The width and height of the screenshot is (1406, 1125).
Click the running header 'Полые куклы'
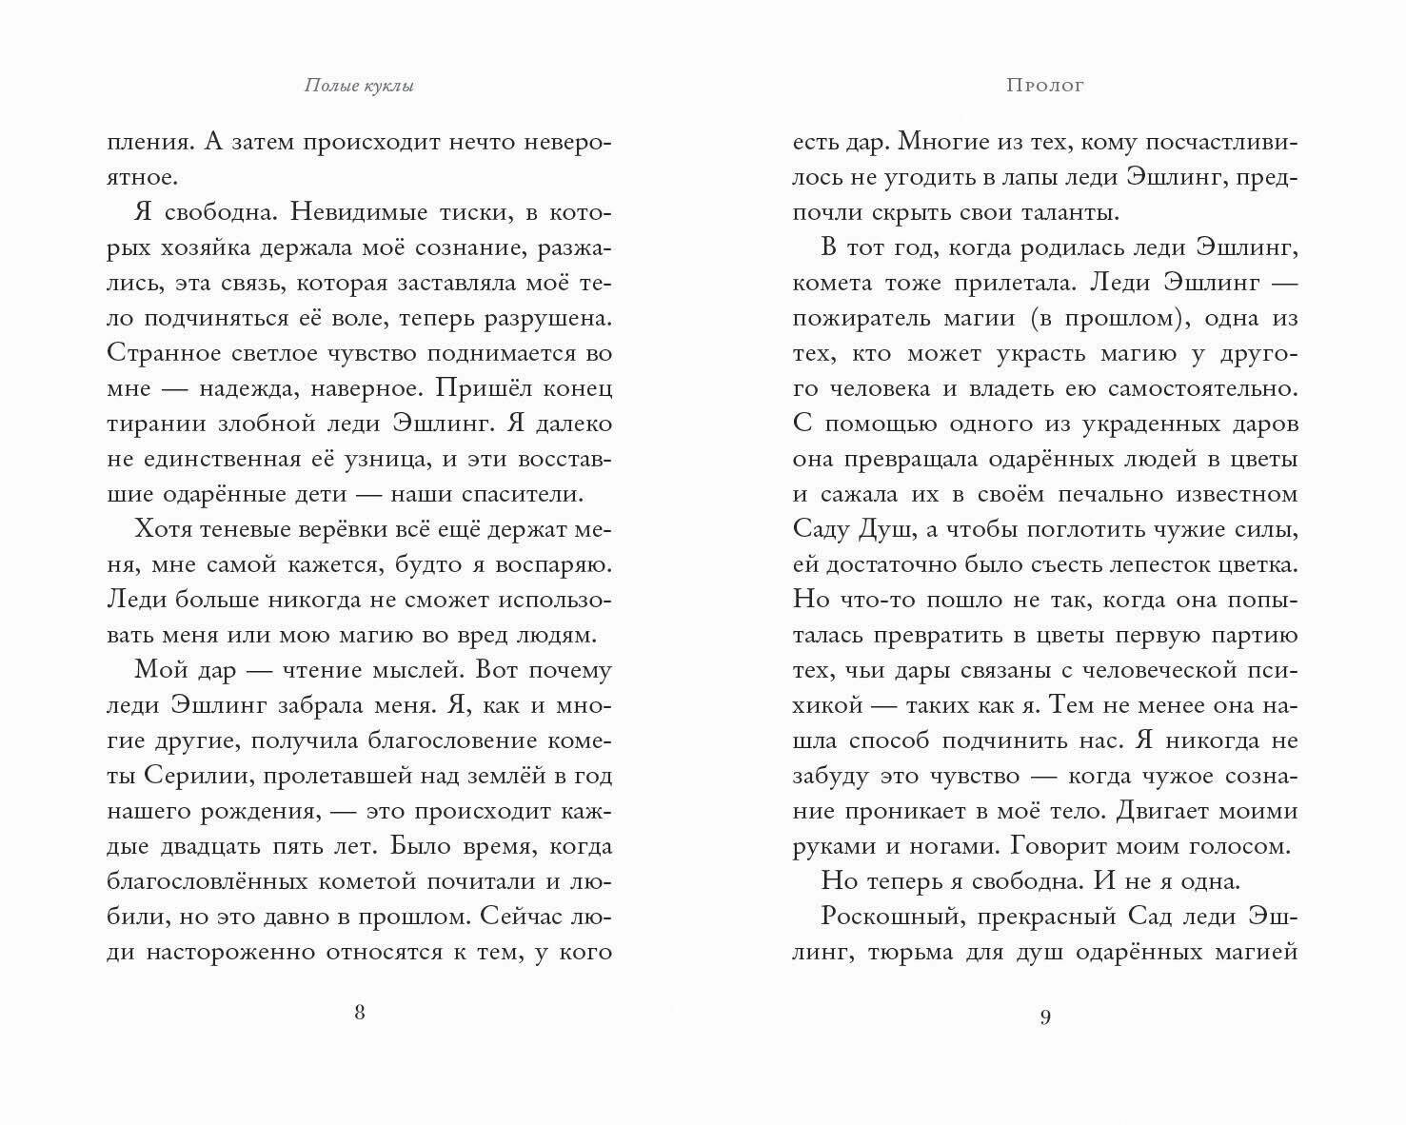pyautogui.click(x=359, y=86)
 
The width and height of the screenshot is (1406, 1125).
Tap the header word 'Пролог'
pyautogui.click(x=1044, y=86)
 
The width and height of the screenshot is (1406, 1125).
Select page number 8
pyautogui.click(x=359, y=1012)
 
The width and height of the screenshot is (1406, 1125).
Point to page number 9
pyautogui.click(x=1044, y=1017)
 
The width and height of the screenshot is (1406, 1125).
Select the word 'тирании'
pyautogui.click(x=151, y=424)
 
